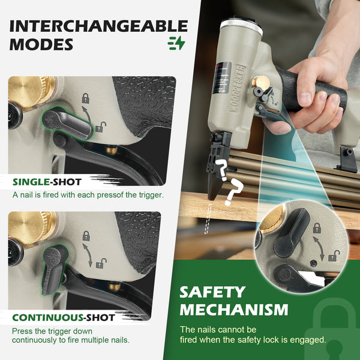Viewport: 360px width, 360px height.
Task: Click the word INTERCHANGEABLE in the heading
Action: (x=99, y=26)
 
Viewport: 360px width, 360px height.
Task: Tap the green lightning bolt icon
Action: (x=176, y=43)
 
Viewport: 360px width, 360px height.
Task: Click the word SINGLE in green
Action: (x=31, y=182)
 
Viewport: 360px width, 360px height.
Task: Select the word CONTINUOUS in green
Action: (x=47, y=318)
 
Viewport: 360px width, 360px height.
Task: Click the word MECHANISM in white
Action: (x=234, y=310)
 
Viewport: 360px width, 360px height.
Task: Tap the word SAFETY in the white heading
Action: (x=212, y=292)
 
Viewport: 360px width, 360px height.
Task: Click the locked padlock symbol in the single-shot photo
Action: (x=86, y=98)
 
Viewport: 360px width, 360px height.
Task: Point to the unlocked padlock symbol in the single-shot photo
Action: (x=101, y=127)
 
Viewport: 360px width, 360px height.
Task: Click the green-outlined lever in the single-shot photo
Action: (x=68, y=124)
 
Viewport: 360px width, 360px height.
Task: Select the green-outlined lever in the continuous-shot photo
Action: (x=54, y=269)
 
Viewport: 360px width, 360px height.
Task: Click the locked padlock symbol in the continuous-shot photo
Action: (x=86, y=236)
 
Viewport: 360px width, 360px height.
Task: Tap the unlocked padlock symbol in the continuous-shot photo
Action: (x=101, y=263)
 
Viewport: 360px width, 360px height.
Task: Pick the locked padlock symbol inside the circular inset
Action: (x=317, y=228)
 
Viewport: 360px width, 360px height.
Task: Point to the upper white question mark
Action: (x=221, y=169)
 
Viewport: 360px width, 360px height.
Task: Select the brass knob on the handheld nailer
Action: (x=261, y=83)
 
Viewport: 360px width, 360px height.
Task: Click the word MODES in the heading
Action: (x=41, y=44)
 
